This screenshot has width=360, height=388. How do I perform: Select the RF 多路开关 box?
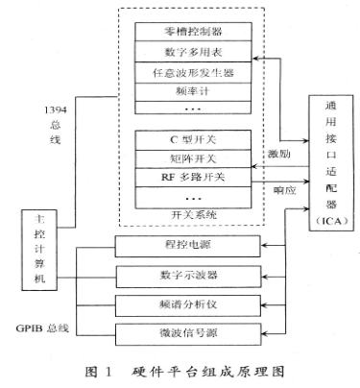(195, 178)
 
